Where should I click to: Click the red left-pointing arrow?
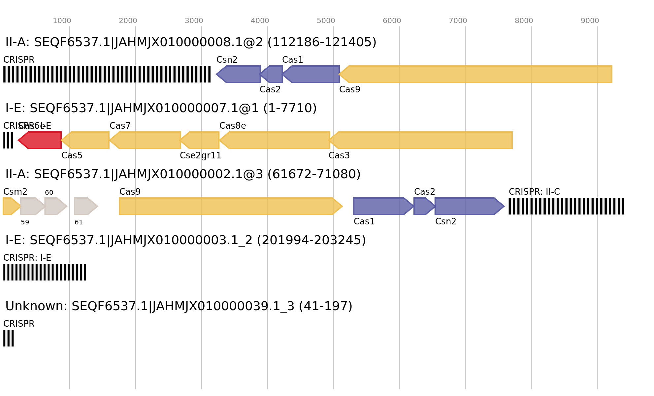point(40,140)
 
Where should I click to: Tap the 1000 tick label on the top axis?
point(62,21)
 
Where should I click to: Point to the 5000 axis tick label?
point(326,21)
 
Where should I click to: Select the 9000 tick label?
point(590,21)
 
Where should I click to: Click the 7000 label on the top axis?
point(458,21)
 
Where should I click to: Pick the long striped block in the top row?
point(107,74)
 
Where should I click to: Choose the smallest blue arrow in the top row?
point(272,74)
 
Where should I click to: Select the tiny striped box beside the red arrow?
point(8,140)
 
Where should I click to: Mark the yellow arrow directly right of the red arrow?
point(85,140)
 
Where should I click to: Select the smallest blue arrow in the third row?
point(424,206)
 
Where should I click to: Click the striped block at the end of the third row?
point(566,206)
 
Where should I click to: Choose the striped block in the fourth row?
point(45,272)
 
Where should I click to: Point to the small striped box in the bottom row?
point(9,338)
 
